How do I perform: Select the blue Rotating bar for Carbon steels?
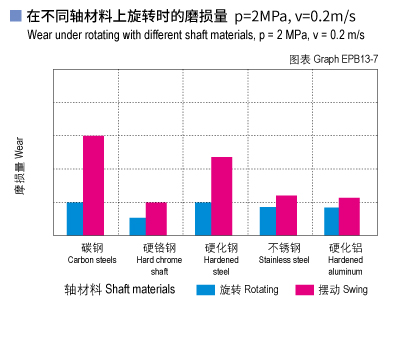tap(75, 218)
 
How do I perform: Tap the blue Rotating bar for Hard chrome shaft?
tap(138, 226)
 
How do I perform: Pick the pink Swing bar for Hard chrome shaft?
tap(156, 218)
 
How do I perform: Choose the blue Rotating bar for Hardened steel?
tap(203, 218)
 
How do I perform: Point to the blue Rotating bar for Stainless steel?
tap(268, 221)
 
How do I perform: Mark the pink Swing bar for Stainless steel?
tap(286, 215)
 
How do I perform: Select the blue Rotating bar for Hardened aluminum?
tap(332, 221)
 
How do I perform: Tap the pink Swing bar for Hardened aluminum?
tap(349, 216)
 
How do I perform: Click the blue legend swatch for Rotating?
tap(205, 290)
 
